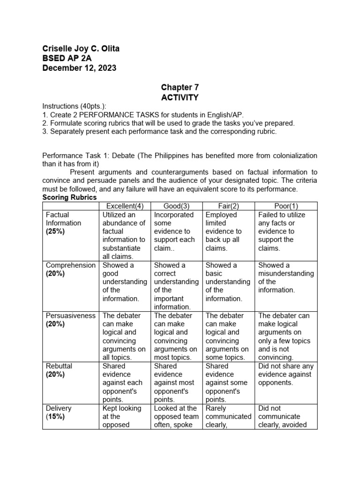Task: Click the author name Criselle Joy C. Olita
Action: [x=84, y=49]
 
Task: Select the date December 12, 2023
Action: [x=79, y=68]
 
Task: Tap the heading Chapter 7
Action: [x=180, y=88]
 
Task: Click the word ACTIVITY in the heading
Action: [x=180, y=97]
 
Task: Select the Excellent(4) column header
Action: [x=125, y=206]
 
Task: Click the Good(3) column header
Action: [x=176, y=206]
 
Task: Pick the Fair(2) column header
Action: [x=229, y=206]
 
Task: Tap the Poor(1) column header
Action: [x=286, y=206]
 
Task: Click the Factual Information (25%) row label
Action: [x=63, y=223]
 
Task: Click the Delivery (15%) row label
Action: [x=59, y=412]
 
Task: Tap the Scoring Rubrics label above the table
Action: [x=69, y=197]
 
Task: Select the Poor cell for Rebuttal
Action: [x=286, y=374]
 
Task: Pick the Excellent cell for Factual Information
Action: [x=125, y=235]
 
